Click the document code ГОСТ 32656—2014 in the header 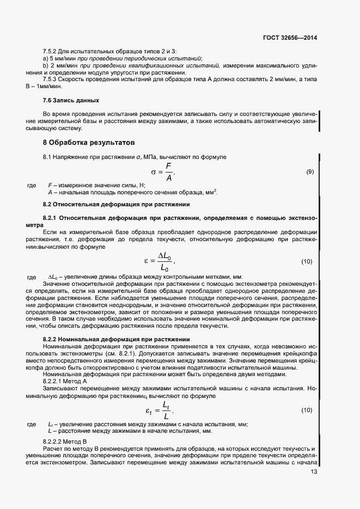pyautogui.click(x=289, y=38)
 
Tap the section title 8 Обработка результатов pyautogui.click(x=88, y=144)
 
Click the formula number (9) pyautogui.click(x=310, y=172)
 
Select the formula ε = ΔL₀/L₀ pyautogui.click(x=161, y=262)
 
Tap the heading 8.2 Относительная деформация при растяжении pyautogui.click(x=116, y=204)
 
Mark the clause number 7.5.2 pyautogui.click(x=51, y=51)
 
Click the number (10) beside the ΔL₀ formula pyautogui.click(x=307, y=262)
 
